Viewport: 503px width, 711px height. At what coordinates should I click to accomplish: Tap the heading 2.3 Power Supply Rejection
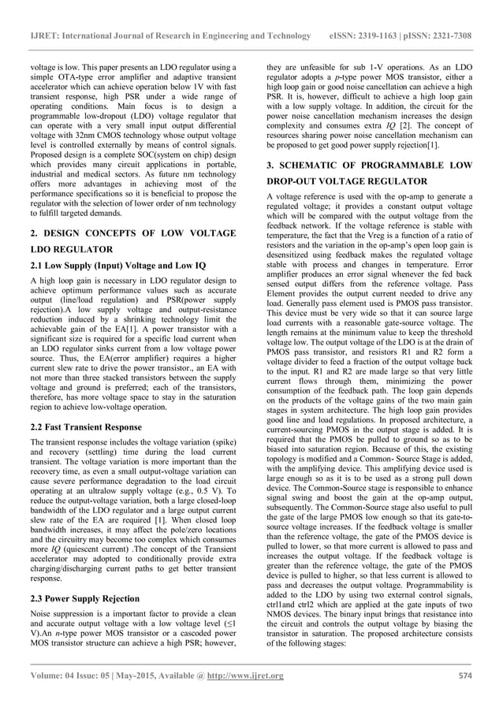tap(87, 597)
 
